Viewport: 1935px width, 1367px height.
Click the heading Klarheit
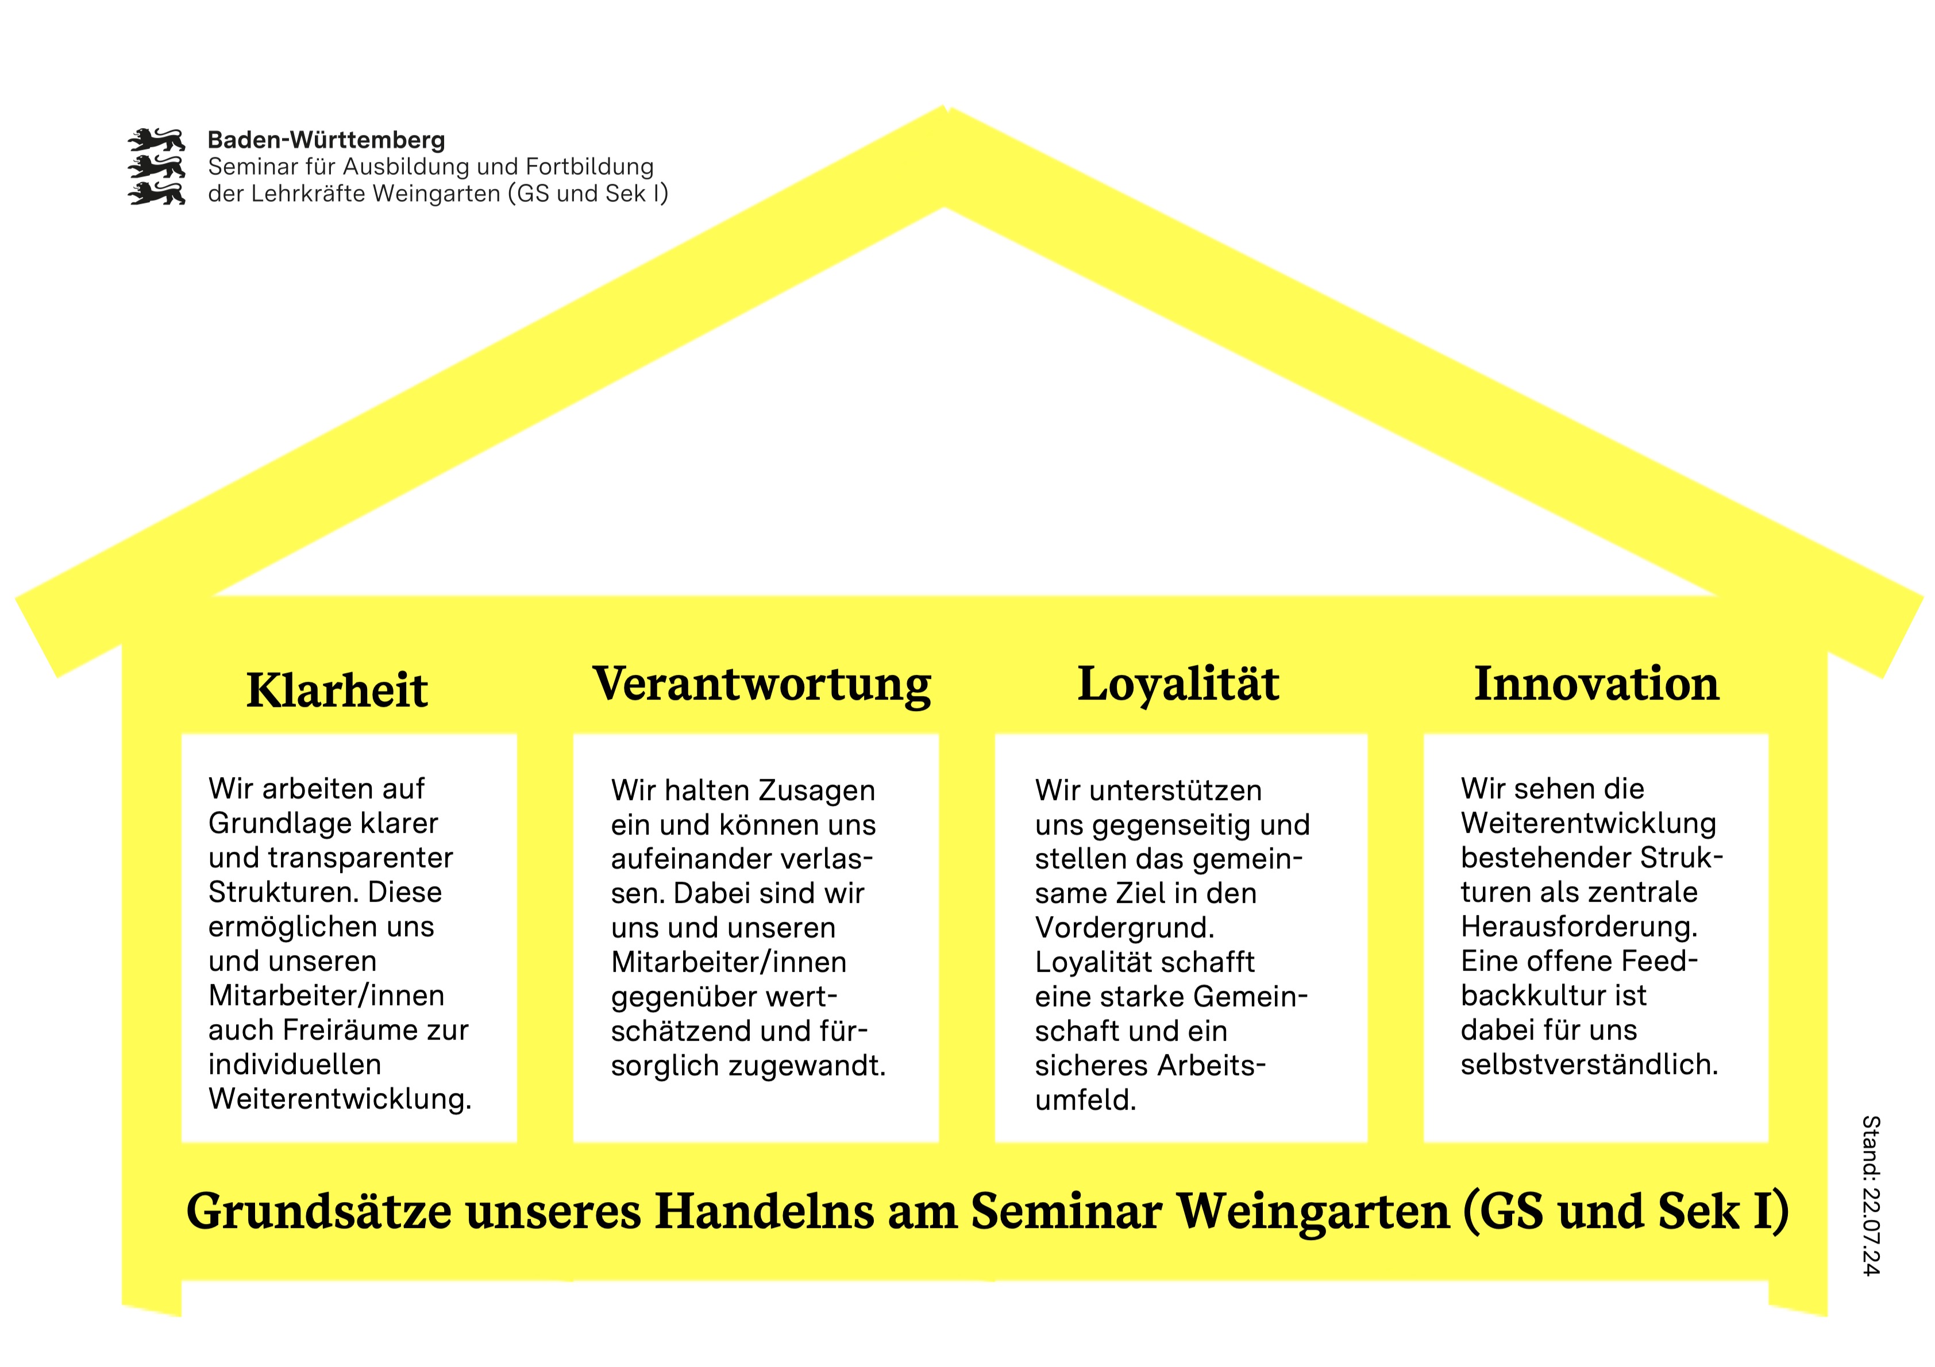click(x=337, y=690)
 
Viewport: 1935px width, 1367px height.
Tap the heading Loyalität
click(x=1178, y=683)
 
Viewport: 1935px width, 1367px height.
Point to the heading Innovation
click(x=1596, y=683)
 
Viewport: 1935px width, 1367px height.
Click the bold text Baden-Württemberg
click(x=326, y=140)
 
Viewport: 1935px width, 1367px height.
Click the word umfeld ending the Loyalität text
click(x=1085, y=1100)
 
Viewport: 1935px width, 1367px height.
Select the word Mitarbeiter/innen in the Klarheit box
click(x=326, y=995)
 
